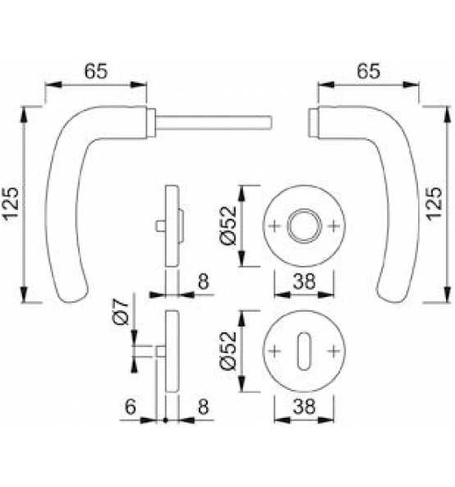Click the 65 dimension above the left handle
[96, 72]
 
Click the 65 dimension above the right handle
[368, 72]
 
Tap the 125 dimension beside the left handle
[11, 204]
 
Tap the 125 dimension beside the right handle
[434, 204]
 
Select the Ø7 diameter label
[121, 312]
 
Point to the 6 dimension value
[131, 406]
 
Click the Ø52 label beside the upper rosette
[228, 225]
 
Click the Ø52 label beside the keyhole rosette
[228, 351]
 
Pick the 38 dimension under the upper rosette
[304, 281]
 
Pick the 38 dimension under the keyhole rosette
[304, 406]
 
